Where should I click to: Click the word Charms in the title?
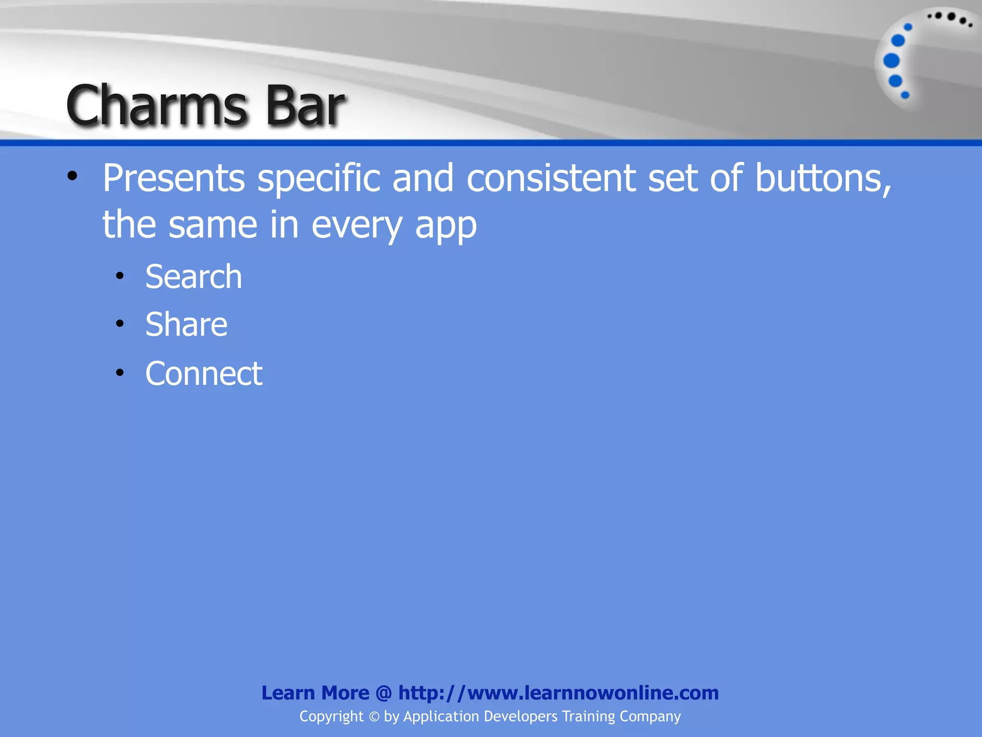coord(156,105)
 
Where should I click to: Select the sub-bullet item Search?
coord(194,277)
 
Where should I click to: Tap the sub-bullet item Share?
coord(187,324)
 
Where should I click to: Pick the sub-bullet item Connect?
coord(204,373)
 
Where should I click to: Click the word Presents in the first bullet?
coord(174,178)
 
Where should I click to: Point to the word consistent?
coord(551,178)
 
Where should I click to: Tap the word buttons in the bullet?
coord(823,178)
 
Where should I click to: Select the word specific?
coord(319,178)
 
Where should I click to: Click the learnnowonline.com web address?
coord(559,693)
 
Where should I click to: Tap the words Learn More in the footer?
coord(315,693)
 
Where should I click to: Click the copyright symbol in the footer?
coord(374,717)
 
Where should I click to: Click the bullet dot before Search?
coord(120,276)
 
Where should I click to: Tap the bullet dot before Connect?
coord(120,372)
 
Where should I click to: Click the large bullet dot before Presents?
coord(72,176)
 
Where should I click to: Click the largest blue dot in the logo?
coord(891,60)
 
